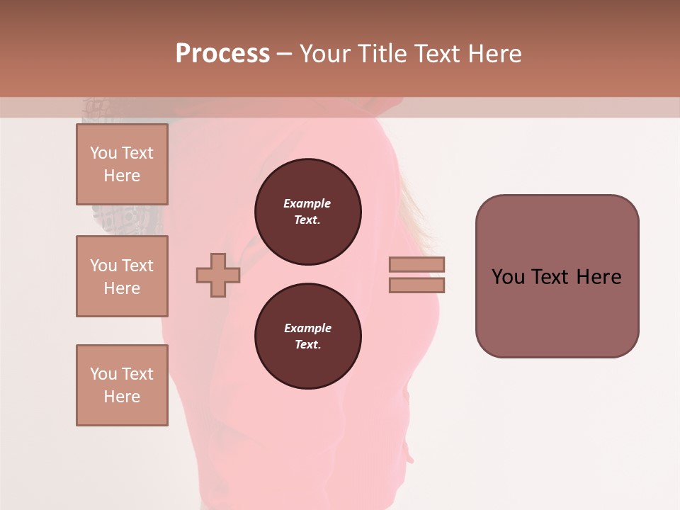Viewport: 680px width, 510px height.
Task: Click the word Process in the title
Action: [x=222, y=54]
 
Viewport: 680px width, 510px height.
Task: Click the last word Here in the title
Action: [x=494, y=54]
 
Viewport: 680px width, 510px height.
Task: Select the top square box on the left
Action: [x=122, y=164]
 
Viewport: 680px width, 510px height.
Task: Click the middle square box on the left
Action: [x=122, y=276]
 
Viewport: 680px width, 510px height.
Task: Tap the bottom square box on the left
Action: [x=122, y=385]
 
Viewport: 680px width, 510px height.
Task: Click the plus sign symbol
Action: [x=218, y=275]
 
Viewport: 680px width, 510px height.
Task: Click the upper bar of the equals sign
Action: [x=416, y=264]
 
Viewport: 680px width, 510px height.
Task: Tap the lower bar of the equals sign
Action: [x=416, y=285]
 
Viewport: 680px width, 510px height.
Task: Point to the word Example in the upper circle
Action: [x=307, y=203]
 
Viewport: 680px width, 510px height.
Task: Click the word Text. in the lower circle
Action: [x=307, y=345]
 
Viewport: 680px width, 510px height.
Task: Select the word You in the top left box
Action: [x=103, y=153]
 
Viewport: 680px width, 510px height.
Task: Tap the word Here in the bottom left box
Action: [x=122, y=397]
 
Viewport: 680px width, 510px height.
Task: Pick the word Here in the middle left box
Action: [x=122, y=288]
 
